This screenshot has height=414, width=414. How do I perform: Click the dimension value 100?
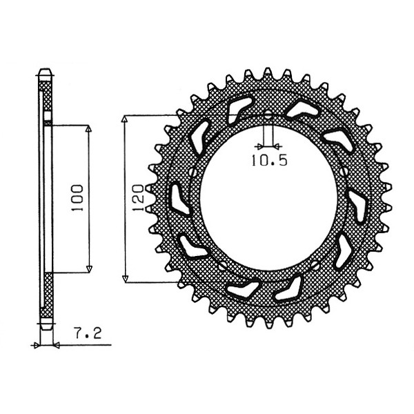(77, 198)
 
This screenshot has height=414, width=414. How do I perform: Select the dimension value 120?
(139, 197)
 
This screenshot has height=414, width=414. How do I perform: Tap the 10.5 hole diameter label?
(269, 160)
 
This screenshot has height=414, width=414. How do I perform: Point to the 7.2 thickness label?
(88, 333)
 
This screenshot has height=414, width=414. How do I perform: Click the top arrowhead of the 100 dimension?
(89, 128)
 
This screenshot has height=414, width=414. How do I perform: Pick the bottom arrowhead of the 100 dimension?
(89, 269)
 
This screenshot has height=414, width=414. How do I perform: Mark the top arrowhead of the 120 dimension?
(125, 119)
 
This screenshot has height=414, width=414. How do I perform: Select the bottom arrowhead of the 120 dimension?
(125, 279)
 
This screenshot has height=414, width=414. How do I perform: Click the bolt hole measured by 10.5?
(268, 115)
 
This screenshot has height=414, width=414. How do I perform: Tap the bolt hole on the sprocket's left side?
(193, 173)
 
